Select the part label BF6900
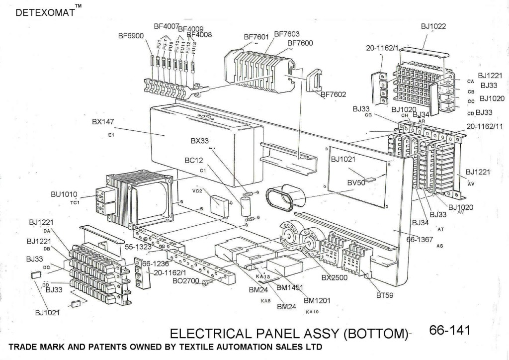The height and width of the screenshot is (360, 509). pyautogui.click(x=131, y=36)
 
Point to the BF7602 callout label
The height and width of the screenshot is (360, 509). pyautogui.click(x=333, y=93)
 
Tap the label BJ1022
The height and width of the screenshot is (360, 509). pyautogui.click(x=433, y=26)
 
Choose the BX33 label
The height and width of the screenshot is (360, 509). pyautogui.click(x=200, y=141)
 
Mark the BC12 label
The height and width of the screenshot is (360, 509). pyautogui.click(x=194, y=161)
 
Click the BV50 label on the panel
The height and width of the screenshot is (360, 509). pyautogui.click(x=356, y=183)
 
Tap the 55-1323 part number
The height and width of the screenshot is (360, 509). pyautogui.click(x=139, y=246)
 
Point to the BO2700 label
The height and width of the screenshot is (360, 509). pyautogui.click(x=185, y=281)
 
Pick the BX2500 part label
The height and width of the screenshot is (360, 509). pyautogui.click(x=335, y=277)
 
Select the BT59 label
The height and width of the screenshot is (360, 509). pyautogui.click(x=385, y=295)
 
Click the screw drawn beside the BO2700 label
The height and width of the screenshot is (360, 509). pyautogui.click(x=209, y=282)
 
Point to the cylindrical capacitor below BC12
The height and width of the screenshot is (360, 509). pyautogui.click(x=245, y=205)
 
